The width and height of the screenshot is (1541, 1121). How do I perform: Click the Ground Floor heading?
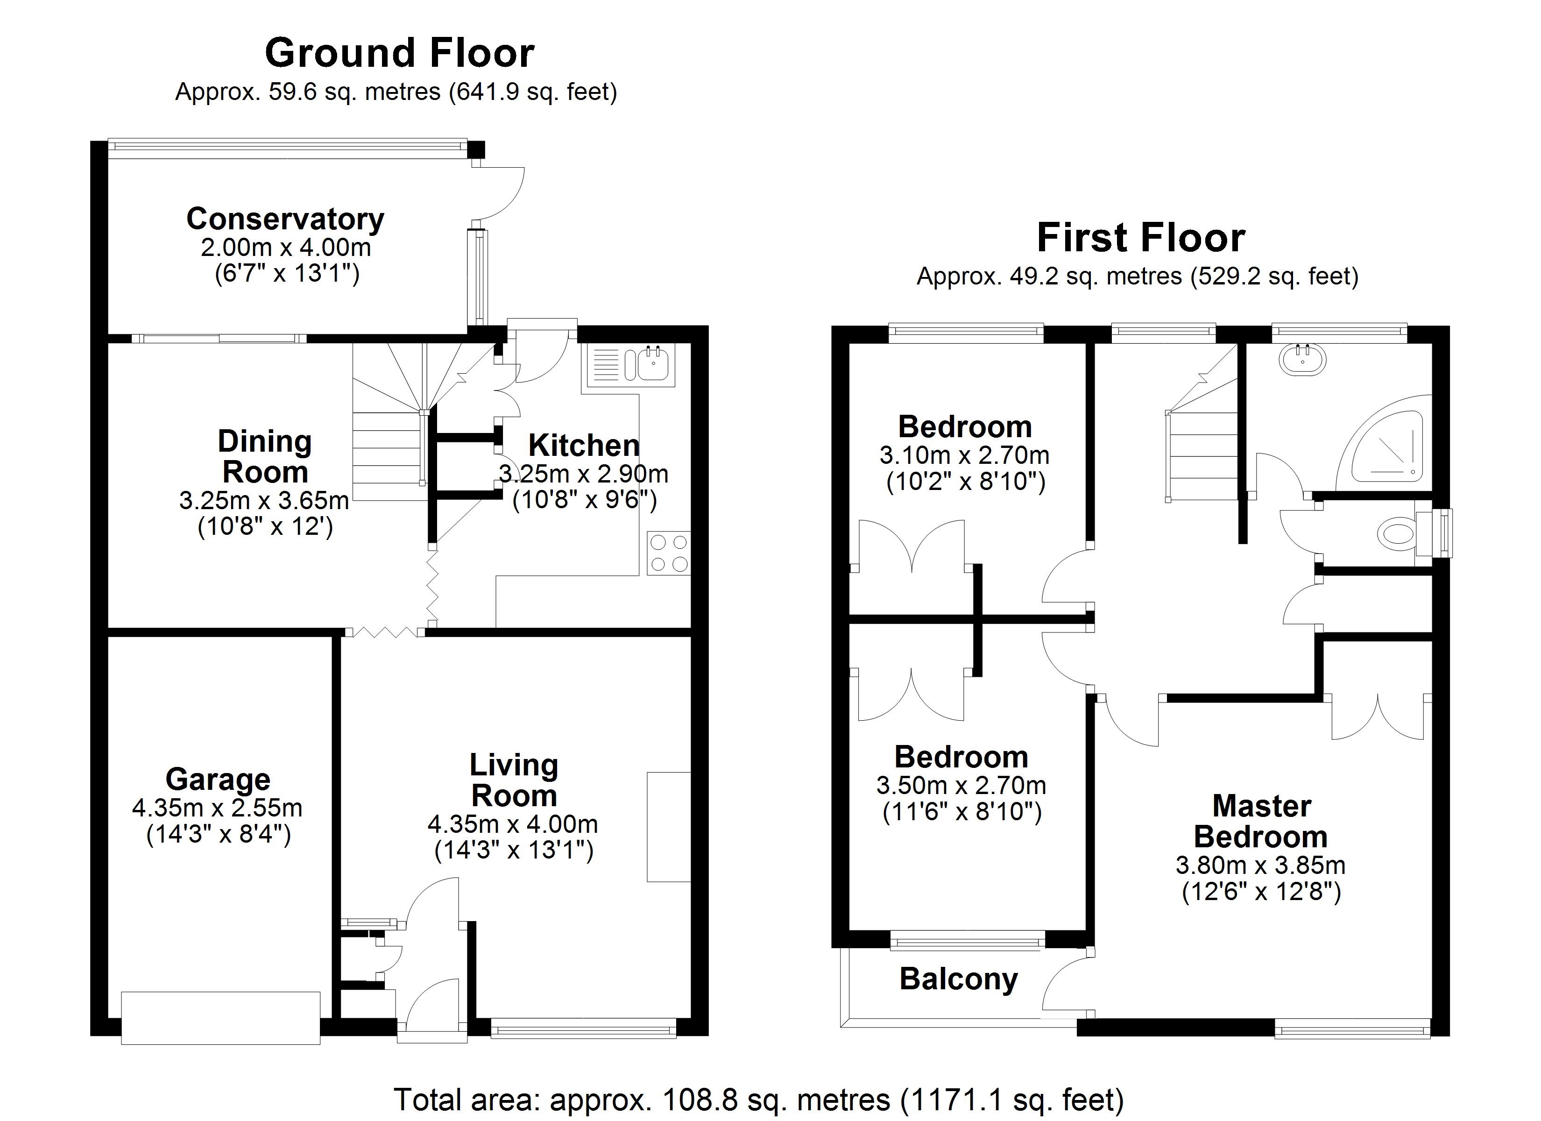[x=400, y=53]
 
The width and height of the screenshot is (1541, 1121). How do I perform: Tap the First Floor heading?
[x=1141, y=238]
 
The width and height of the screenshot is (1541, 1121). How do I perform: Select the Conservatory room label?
[x=285, y=219]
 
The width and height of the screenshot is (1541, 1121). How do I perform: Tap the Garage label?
[x=218, y=779]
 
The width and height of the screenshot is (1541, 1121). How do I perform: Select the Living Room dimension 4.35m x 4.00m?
[x=513, y=824]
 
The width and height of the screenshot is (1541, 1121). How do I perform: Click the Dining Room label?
[x=264, y=456]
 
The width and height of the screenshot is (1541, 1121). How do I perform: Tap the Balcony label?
[x=959, y=979]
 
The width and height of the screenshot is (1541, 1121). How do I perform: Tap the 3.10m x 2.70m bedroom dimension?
[x=965, y=455]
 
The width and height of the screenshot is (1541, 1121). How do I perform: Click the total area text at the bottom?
[x=759, y=1099]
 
